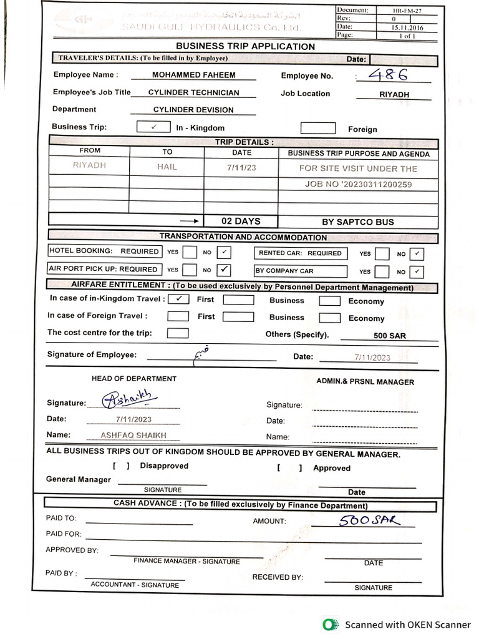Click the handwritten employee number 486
387,75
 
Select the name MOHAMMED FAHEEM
193,75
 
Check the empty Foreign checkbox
318,128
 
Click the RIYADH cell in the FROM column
89,167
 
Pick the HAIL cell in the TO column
167,167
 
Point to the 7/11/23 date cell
241,168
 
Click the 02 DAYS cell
241,221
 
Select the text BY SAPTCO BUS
357,222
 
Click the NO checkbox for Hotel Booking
225,252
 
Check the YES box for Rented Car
382,253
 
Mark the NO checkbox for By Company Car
417,271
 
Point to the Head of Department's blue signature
130,398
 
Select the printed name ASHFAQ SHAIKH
133,436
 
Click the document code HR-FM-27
407,11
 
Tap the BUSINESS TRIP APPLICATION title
245,46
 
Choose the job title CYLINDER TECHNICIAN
193,92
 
